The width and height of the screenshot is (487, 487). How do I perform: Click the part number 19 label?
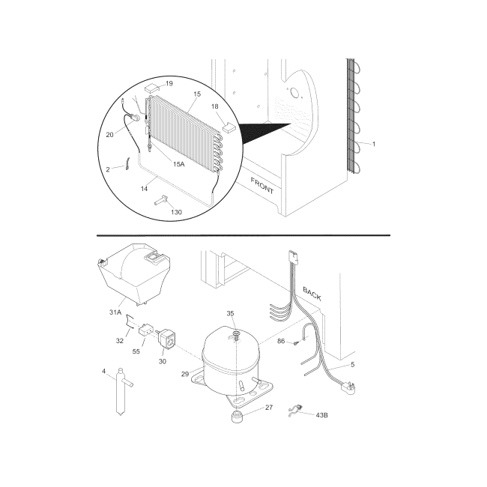(169, 83)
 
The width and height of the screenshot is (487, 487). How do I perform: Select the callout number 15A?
(178, 164)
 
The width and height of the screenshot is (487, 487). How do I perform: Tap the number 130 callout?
(176, 212)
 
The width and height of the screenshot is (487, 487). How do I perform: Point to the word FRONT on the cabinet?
(262, 187)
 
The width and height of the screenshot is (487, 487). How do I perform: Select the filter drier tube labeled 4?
(121, 391)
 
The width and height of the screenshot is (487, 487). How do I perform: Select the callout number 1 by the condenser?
(374, 142)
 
